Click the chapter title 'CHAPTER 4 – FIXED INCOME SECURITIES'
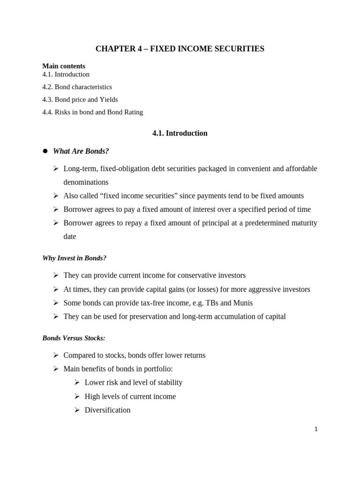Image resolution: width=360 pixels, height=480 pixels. pyautogui.click(x=180, y=49)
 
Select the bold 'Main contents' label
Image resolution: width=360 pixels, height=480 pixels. pyautogui.click(x=64, y=66)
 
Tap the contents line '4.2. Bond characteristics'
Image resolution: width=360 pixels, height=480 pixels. pyautogui.click(x=77, y=87)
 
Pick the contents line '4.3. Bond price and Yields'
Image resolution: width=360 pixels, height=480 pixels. pyautogui.click(x=80, y=99)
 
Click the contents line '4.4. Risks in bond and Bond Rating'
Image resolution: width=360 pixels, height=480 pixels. pyautogui.click(x=92, y=112)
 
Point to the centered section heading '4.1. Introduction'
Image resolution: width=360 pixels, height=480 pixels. pyautogui.click(x=180, y=133)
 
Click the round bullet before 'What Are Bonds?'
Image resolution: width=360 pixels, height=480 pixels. pyautogui.click(x=45, y=151)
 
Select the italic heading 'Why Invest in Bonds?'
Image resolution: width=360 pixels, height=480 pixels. pyautogui.click(x=74, y=258)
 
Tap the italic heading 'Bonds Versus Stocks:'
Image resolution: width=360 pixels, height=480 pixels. pyautogui.click(x=74, y=338)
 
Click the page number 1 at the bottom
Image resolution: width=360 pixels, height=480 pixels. pyautogui.click(x=316, y=429)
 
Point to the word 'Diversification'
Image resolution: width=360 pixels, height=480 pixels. pyautogui.click(x=107, y=410)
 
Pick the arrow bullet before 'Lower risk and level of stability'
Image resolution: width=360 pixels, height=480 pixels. pyautogui.click(x=77, y=382)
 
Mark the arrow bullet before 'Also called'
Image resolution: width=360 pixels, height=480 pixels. pyautogui.click(x=56, y=196)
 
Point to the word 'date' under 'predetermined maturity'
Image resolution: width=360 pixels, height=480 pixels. pyautogui.click(x=70, y=237)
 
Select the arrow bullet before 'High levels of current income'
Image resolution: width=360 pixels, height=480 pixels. pyautogui.click(x=77, y=397)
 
